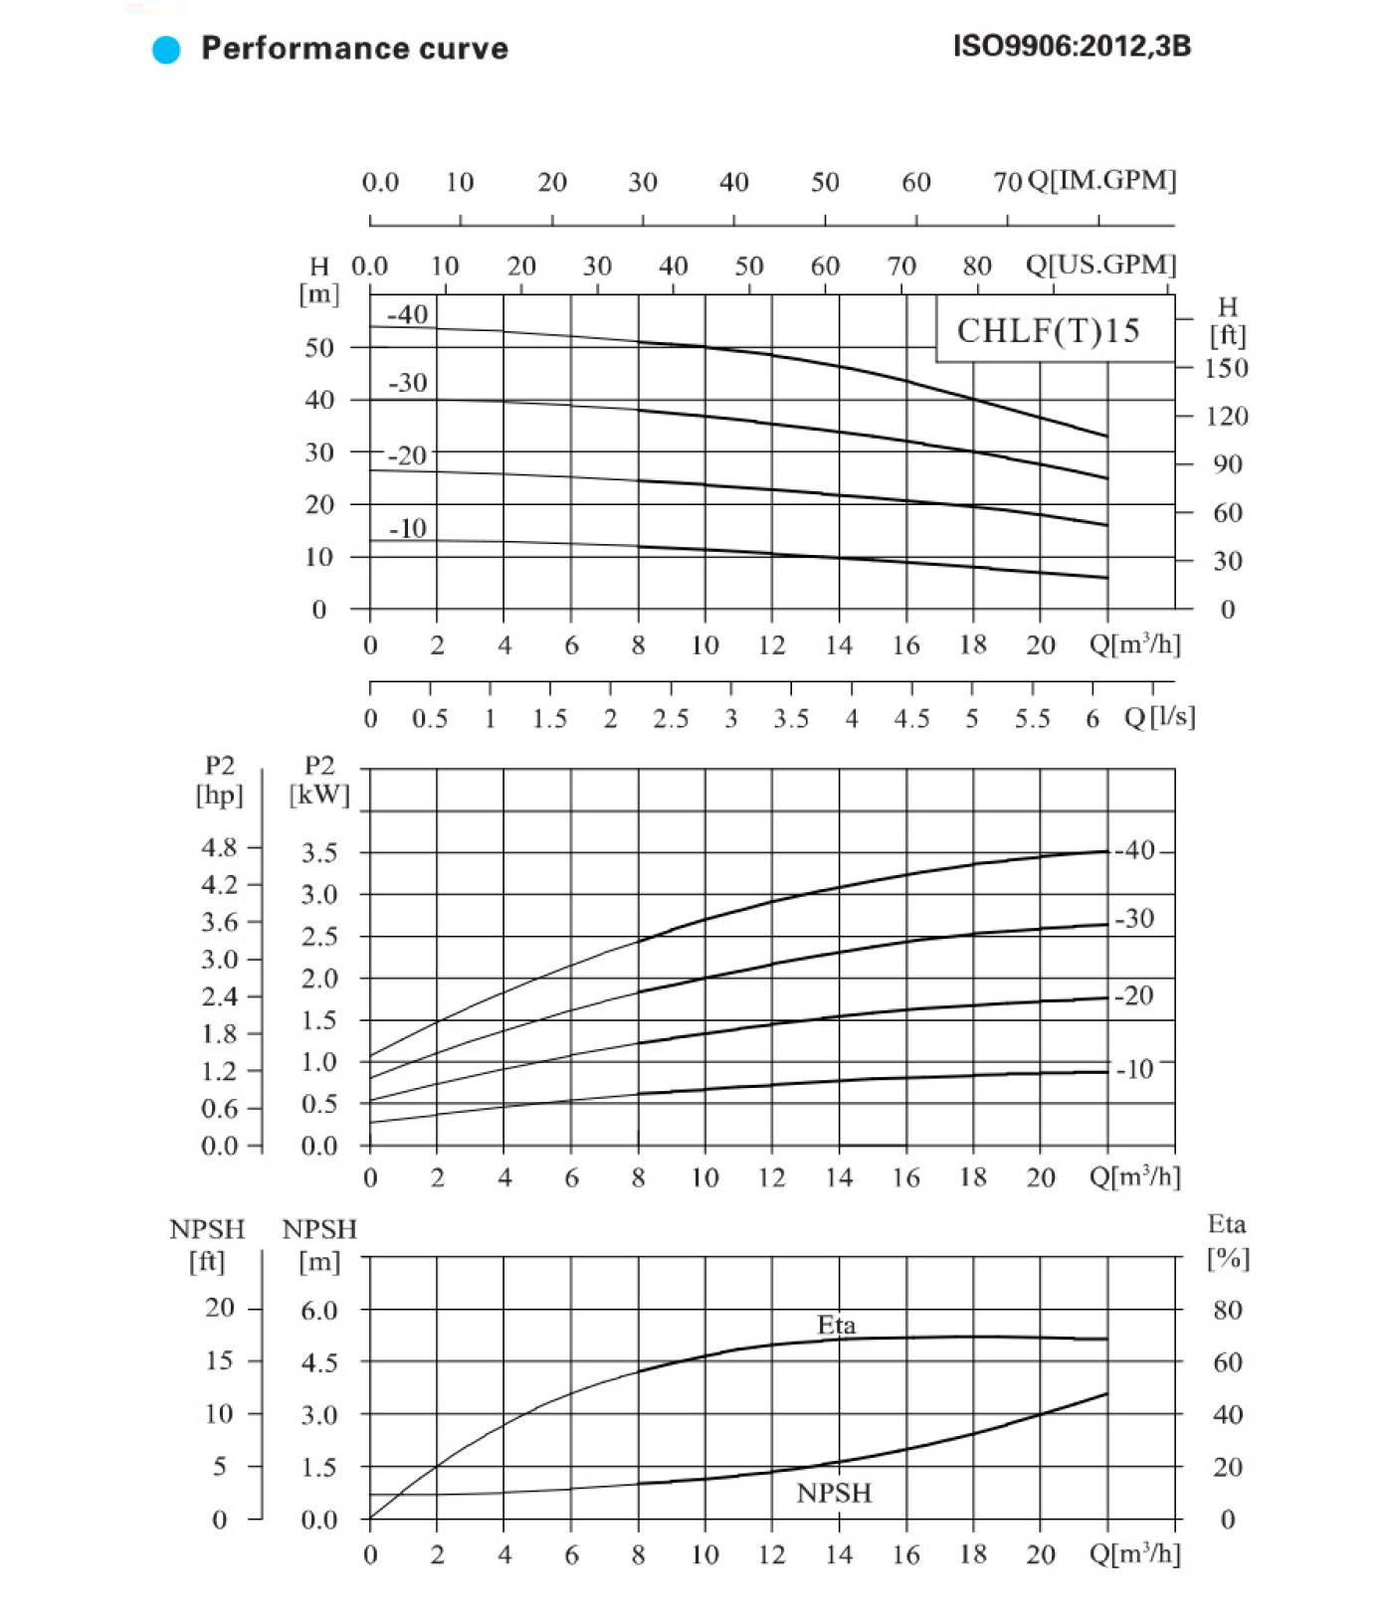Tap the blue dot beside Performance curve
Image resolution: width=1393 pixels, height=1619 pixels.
(166, 49)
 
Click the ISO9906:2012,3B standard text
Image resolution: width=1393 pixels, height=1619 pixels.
(1072, 47)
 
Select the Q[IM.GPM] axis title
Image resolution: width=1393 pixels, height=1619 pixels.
(1101, 180)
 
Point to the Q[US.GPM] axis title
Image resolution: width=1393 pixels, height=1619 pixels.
(1100, 265)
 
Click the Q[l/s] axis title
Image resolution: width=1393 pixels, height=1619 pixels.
(1159, 717)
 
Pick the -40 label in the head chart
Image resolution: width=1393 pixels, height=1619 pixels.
(408, 315)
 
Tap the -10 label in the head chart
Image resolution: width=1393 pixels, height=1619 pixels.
(408, 528)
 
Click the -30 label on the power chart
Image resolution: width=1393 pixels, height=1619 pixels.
(1134, 918)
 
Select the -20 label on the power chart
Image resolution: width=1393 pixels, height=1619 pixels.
(1134, 995)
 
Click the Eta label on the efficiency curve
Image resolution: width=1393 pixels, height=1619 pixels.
(836, 1325)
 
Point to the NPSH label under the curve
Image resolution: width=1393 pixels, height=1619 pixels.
(834, 1493)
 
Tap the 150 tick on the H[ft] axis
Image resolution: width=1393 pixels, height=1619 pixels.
(1226, 368)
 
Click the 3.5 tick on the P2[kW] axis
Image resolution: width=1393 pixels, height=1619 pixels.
(319, 853)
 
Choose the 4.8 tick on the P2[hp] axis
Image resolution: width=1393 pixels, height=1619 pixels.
(219, 847)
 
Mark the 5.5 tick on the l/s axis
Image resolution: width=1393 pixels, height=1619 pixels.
(1032, 718)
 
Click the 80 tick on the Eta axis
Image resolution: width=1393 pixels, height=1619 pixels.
(1227, 1310)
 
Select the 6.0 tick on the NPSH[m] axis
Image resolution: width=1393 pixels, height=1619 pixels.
(319, 1310)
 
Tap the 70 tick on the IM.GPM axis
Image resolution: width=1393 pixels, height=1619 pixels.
(1007, 182)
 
